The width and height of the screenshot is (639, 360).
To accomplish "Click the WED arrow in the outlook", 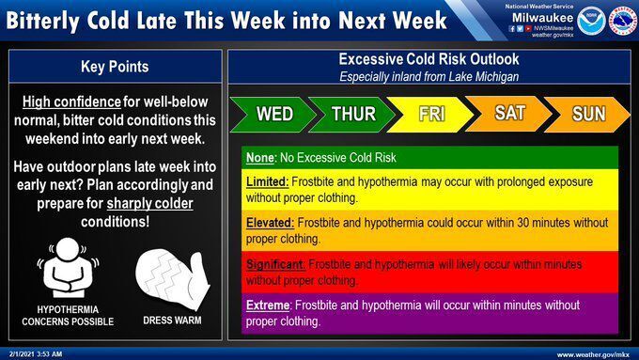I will click(273, 115).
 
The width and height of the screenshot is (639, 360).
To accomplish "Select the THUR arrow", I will click(353, 115).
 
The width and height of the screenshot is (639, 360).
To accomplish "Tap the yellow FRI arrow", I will click(431, 115).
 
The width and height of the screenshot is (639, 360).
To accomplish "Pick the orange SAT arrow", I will click(510, 114).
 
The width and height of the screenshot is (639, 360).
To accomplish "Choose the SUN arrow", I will click(589, 114).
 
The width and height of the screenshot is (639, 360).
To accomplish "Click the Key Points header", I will click(116, 67).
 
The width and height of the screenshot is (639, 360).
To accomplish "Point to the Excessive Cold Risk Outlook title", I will click(429, 59).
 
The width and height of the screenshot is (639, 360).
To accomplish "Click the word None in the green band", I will click(260, 157).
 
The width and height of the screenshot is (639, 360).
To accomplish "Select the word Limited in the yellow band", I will click(267, 180).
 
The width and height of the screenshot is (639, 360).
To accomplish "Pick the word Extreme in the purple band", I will click(269, 305).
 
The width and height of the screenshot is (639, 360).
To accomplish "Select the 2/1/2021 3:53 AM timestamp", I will click(35, 353).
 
